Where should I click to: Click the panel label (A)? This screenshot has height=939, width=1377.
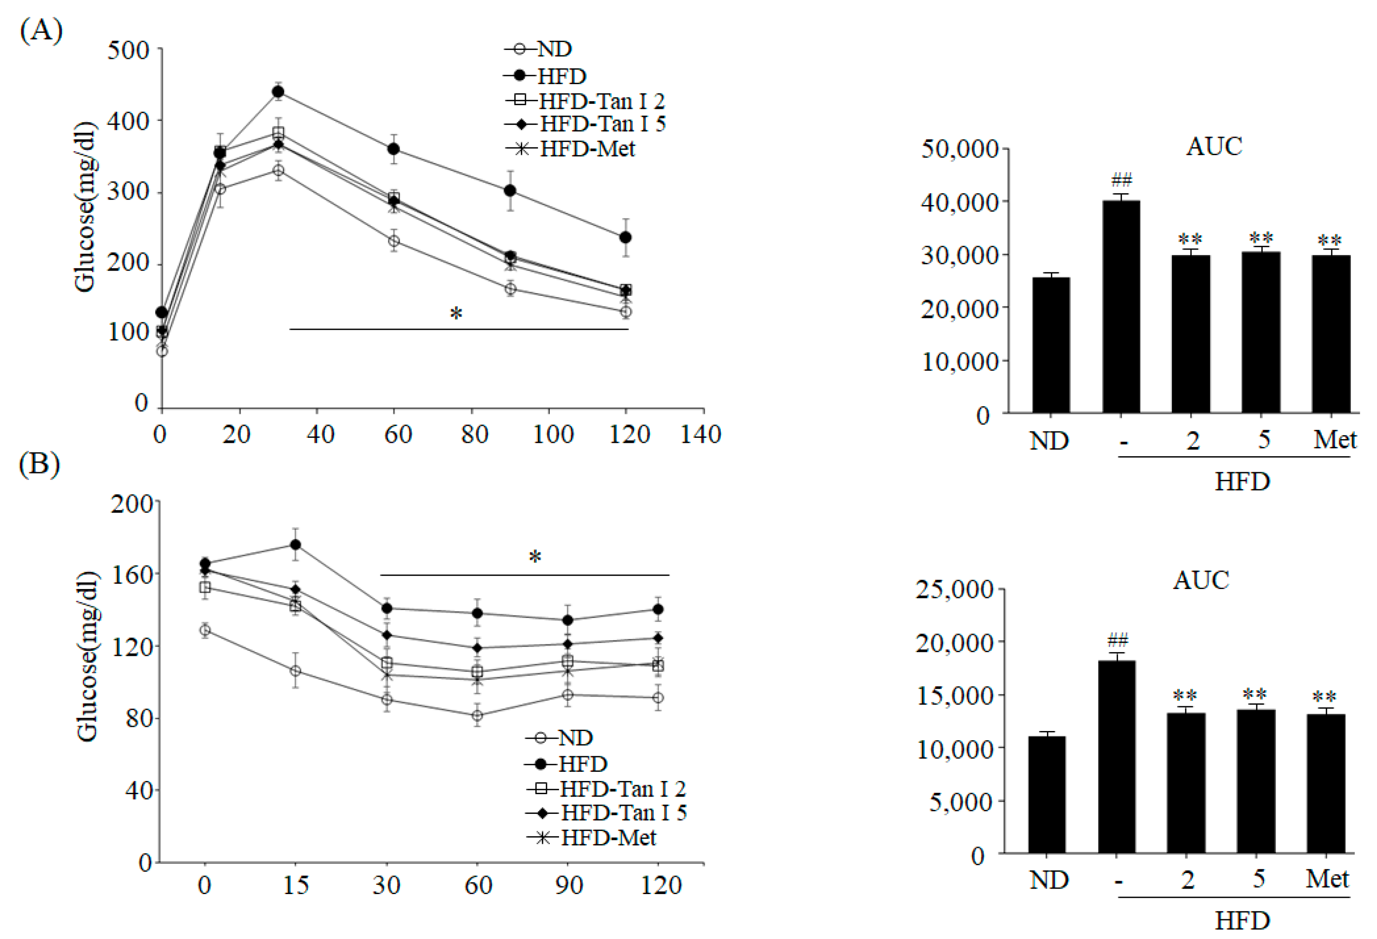(41, 29)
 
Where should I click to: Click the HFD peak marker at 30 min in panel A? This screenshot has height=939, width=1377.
(278, 92)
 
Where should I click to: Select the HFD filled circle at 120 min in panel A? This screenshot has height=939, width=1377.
(625, 237)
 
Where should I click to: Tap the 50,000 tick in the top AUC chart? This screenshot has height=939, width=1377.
(960, 149)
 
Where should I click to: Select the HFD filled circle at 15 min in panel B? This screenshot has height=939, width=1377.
(295, 544)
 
